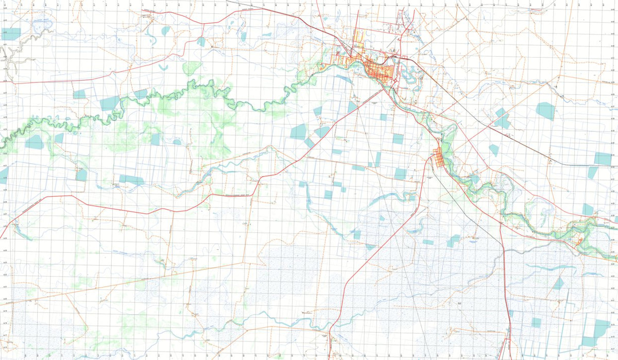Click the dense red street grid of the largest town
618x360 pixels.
[381, 72]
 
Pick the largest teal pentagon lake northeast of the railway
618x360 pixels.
[546, 111]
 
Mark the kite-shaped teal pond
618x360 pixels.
[494, 150]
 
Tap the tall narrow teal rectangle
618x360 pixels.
[377, 159]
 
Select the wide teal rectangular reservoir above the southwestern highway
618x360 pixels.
[131, 180]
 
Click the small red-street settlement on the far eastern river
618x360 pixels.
[579, 239]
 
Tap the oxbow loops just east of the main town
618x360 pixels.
[409, 75]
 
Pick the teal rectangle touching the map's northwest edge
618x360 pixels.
[10, 34]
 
